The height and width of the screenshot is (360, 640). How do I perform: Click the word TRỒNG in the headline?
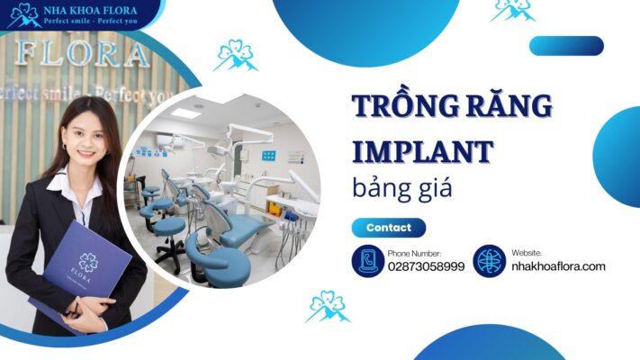pyautogui.click(x=405, y=106)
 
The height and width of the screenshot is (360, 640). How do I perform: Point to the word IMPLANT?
pyautogui.click(x=421, y=149)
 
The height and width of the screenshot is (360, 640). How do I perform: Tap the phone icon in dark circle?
pyautogui.click(x=367, y=261)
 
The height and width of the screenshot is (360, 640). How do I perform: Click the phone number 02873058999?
pyautogui.click(x=426, y=267)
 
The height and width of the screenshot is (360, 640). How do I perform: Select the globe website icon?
pyautogui.click(x=490, y=261)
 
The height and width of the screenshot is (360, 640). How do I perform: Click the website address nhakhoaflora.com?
pyautogui.click(x=558, y=266)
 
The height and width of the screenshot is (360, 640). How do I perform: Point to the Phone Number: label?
pyautogui.click(x=414, y=254)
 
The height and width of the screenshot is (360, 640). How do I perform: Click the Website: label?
pyautogui.click(x=527, y=254)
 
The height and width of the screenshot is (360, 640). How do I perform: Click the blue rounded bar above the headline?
pyautogui.click(x=566, y=46)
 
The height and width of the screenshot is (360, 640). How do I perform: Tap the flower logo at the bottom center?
pyautogui.click(x=327, y=306)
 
